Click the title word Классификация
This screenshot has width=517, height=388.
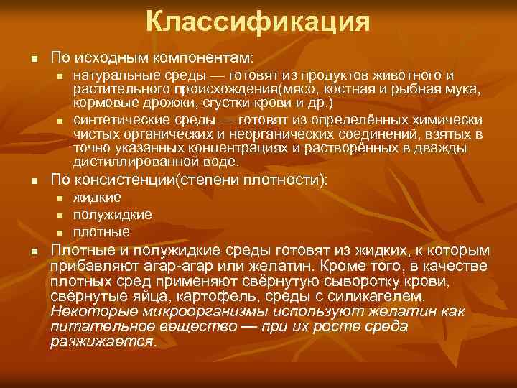pyautogui.click(x=258, y=22)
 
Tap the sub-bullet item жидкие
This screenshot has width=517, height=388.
pyautogui.click(x=97, y=198)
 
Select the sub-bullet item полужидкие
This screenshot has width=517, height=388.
pyautogui.click(x=112, y=215)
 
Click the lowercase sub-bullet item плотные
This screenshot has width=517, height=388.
pyautogui.click(x=101, y=232)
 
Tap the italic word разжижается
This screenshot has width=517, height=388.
pyautogui.click(x=103, y=341)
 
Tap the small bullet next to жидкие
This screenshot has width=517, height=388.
pyautogui.click(x=62, y=198)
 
